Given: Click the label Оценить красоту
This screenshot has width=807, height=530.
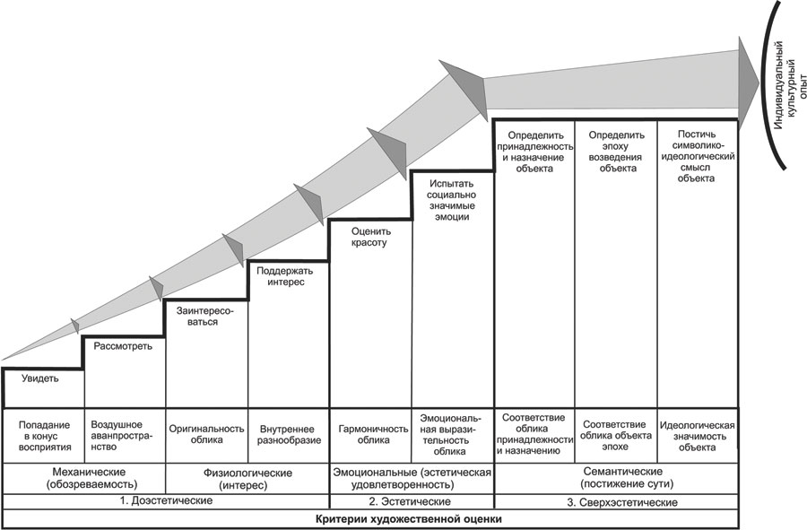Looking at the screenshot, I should pyautogui.click(x=369, y=236).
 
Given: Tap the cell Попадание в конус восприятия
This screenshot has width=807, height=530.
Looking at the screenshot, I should pyautogui.click(x=42, y=434).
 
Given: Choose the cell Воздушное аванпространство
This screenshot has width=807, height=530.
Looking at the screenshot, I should pyautogui.click(x=124, y=434).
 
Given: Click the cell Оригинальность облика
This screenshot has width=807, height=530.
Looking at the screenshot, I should pyautogui.click(x=206, y=434).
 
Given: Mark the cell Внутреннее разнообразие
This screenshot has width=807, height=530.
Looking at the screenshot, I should pyautogui.click(x=288, y=434).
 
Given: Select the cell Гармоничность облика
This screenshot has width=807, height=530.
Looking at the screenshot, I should pyautogui.click(x=369, y=434).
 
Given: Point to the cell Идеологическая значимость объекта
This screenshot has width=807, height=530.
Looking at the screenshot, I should pyautogui.click(x=698, y=434).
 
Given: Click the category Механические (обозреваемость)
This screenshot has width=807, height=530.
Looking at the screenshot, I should pyautogui.click(x=83, y=477).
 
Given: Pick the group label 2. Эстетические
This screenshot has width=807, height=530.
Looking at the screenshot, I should pyautogui.click(x=412, y=501).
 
